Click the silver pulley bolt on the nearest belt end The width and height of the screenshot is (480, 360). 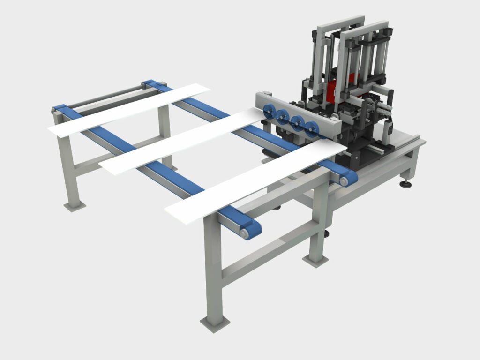pyautogui.click(x=244, y=232)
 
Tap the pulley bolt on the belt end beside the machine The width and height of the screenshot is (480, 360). pyautogui.click(x=344, y=180)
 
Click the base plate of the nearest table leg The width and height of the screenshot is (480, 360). pyautogui.click(x=215, y=323)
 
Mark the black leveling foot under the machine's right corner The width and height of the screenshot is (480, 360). pyautogui.click(x=405, y=184)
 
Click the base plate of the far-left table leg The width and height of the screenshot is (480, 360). pyautogui.click(x=75, y=205)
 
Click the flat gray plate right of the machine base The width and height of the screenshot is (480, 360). pyautogui.click(x=403, y=138)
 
